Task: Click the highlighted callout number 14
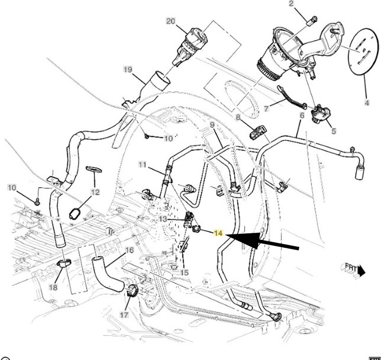[x=218, y=233]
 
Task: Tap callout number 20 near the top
[x=171, y=21]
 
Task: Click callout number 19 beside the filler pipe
[x=127, y=70]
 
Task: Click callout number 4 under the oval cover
[x=367, y=103]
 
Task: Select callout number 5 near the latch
[x=333, y=130]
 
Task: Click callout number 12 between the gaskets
[x=94, y=192]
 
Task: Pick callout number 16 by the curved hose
[x=129, y=250]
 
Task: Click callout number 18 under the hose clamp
[x=53, y=286]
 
